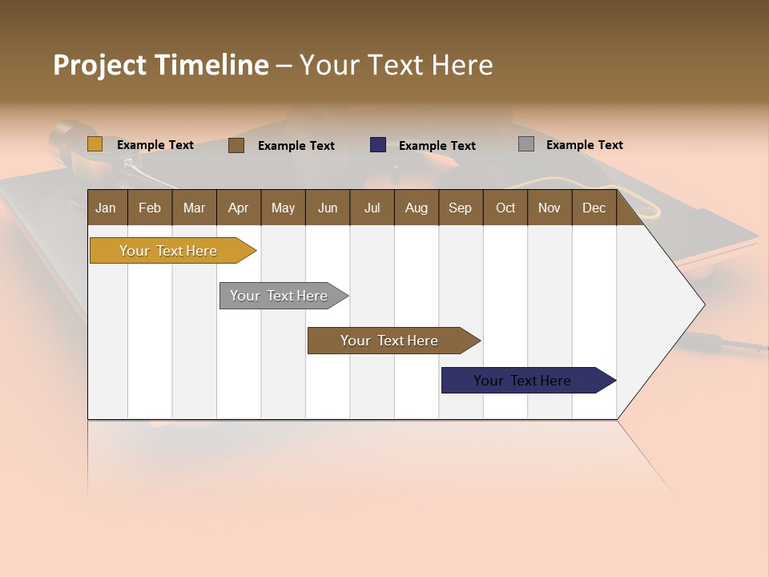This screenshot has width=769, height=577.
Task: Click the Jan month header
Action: [106, 208]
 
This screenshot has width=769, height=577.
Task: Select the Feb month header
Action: [150, 208]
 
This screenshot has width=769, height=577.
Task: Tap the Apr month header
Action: [238, 208]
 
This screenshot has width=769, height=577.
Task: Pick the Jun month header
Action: [328, 208]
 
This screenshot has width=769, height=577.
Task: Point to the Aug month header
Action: [417, 208]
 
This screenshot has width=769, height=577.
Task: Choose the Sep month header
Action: [460, 208]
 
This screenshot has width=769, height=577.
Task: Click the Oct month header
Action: [505, 208]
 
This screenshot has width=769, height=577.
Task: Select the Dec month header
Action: [594, 208]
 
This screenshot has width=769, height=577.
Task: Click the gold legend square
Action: [95, 144]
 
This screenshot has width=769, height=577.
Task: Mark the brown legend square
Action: [236, 145]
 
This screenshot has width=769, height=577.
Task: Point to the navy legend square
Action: [378, 145]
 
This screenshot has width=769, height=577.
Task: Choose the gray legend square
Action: [526, 144]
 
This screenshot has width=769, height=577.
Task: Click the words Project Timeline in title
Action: [161, 65]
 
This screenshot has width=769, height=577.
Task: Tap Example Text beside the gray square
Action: [584, 145]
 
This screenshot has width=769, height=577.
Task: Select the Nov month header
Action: [550, 208]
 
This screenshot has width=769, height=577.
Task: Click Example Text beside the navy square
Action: [437, 146]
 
